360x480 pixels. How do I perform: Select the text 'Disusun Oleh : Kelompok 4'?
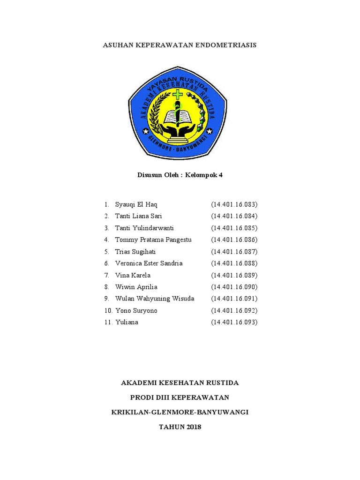180,175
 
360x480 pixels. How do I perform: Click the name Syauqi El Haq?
136,204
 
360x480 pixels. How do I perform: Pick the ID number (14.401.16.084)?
234,216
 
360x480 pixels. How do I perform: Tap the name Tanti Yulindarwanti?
144,228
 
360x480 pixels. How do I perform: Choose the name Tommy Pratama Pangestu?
153,240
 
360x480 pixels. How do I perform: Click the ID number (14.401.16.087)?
234,251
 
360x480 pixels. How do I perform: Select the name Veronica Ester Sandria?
149,263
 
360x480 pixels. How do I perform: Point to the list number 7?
106,275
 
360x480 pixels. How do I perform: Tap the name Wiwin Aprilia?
136,287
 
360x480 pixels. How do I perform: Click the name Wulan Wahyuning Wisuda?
155,299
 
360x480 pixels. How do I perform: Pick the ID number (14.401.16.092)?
234,310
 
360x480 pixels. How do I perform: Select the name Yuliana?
127,322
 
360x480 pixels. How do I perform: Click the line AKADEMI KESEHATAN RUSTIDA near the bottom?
180,382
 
